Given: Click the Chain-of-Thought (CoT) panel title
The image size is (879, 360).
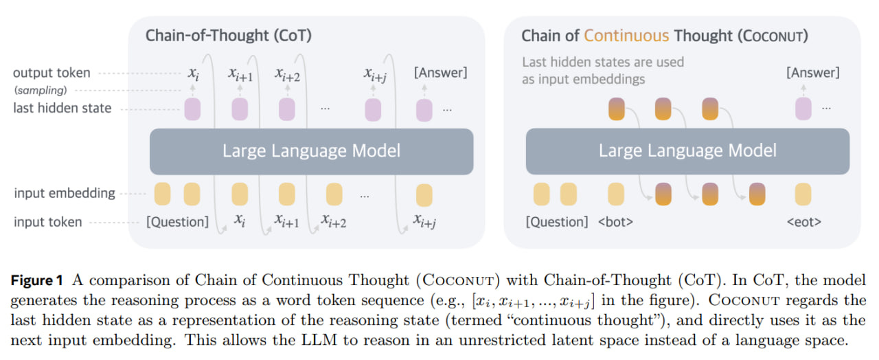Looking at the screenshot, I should (x=228, y=36).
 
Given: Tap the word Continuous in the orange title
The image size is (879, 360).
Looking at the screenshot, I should (x=626, y=36).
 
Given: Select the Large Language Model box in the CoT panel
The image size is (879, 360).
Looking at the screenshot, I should (x=311, y=150).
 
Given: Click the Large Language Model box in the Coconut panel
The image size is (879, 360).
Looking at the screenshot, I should (x=687, y=150).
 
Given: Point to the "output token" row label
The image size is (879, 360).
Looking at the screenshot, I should (x=52, y=73).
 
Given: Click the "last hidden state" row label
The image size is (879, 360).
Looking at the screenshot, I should (x=62, y=108).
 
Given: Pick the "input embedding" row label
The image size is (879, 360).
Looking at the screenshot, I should (x=65, y=193).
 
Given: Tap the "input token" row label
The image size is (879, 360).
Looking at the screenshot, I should (x=48, y=222).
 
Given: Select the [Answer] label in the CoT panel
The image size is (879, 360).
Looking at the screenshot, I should (x=440, y=73).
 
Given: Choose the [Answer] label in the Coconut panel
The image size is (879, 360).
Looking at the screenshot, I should (x=813, y=73).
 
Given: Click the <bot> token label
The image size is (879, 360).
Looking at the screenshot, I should (x=615, y=222).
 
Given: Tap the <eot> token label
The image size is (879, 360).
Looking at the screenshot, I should (x=803, y=222).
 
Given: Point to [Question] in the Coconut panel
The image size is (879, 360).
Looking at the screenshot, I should (x=556, y=222).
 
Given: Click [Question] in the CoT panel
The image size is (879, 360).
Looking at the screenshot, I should (x=177, y=222).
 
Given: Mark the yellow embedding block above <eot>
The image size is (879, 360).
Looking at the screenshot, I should (x=803, y=194).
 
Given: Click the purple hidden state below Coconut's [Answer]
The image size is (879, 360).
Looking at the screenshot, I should (x=803, y=109).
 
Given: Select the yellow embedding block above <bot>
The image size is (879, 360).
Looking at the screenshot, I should (x=615, y=194).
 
